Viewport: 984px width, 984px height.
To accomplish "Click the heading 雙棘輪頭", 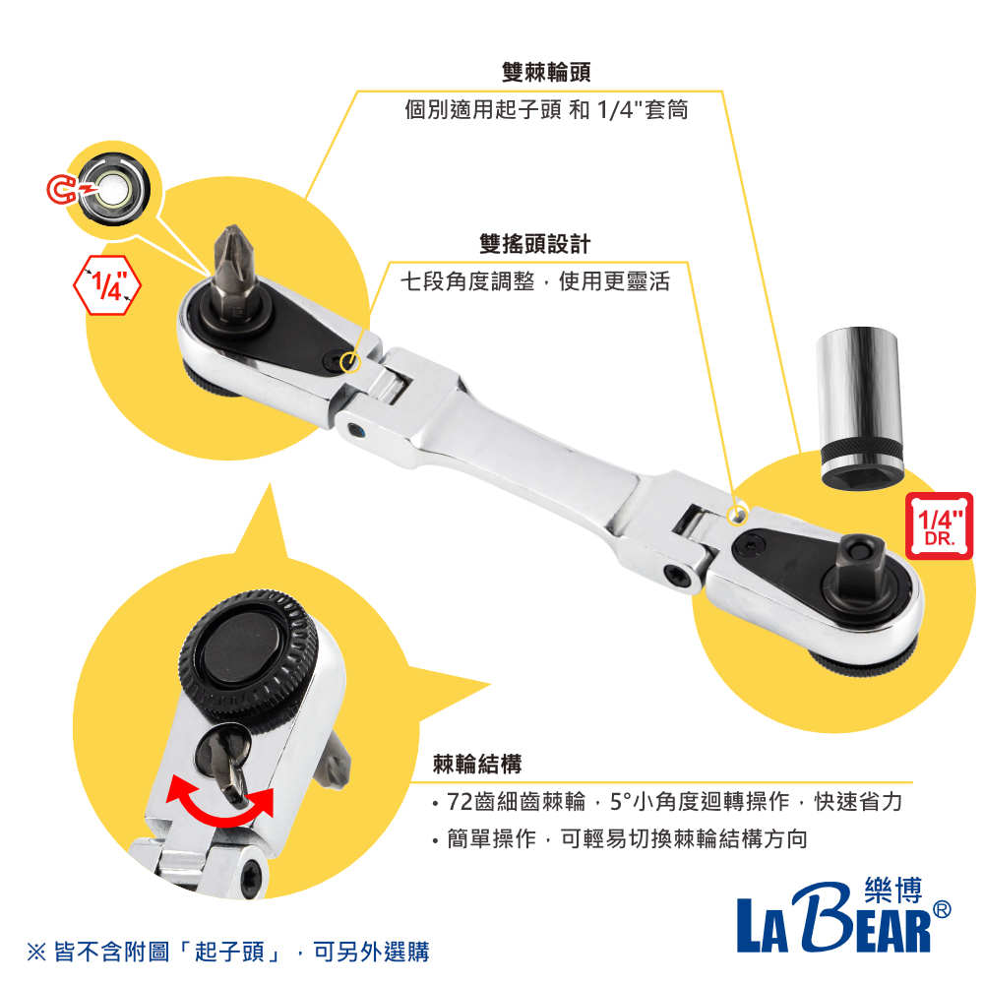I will point(546,73).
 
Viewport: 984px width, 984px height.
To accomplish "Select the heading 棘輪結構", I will point(477,764).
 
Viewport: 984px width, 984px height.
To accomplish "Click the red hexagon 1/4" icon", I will point(108,284).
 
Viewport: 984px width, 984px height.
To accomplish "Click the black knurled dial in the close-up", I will point(247,654).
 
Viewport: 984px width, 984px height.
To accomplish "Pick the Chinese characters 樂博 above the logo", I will point(890,890).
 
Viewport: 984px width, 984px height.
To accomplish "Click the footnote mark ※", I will point(35,953).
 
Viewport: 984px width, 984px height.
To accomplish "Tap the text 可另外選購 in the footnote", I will point(371,953).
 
